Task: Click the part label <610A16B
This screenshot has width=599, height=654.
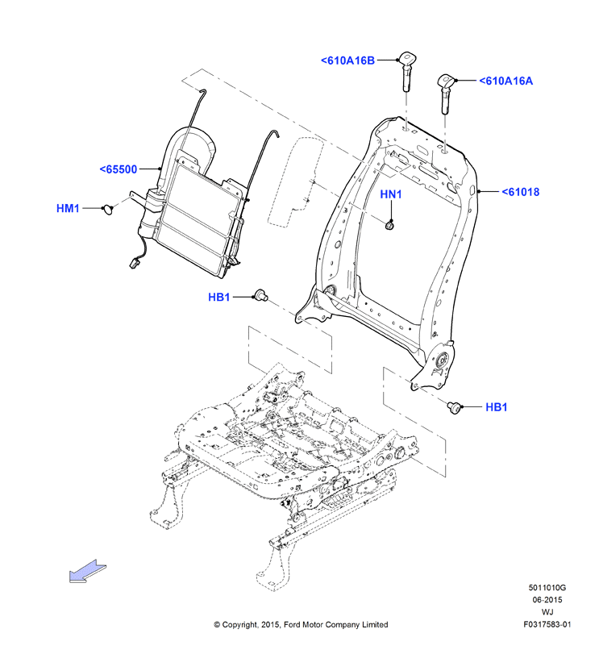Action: point(347,60)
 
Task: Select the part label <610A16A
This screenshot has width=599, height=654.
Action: point(505,81)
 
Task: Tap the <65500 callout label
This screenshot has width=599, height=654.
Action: point(119,169)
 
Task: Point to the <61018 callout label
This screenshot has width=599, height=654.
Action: point(521,192)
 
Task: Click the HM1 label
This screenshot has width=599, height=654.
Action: point(68,208)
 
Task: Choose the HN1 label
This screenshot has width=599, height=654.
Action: point(391,194)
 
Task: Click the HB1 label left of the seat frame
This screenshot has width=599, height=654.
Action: point(218,297)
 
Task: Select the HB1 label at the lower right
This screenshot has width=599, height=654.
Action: point(497,407)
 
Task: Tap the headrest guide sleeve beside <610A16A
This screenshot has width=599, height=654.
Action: point(445,94)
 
